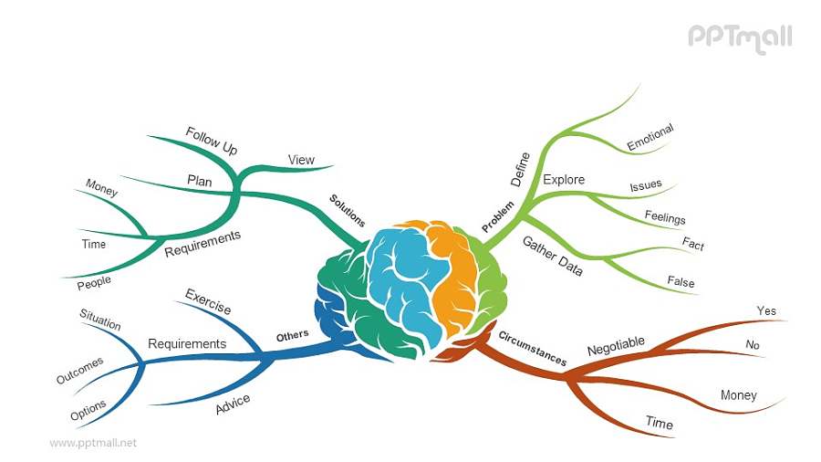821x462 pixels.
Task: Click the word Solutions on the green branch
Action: point(348,210)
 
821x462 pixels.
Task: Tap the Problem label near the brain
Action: point(498,215)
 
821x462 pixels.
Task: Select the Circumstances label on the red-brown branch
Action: point(532,348)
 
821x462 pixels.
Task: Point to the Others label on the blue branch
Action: point(292,336)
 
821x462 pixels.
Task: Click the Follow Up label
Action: point(211,141)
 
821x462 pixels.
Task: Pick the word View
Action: point(301,160)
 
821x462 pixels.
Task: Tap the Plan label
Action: point(200,182)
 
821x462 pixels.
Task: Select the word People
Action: point(94,283)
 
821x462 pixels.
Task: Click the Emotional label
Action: point(650,137)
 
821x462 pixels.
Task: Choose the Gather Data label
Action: point(552,255)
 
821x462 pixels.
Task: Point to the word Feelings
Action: point(665,218)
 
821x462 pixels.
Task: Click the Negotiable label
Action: point(616,346)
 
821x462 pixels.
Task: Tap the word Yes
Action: point(766,311)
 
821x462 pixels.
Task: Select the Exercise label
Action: point(208,301)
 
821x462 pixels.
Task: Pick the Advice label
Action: point(233,404)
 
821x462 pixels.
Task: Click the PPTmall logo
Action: point(739,38)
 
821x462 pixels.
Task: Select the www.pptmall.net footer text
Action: point(93,443)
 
